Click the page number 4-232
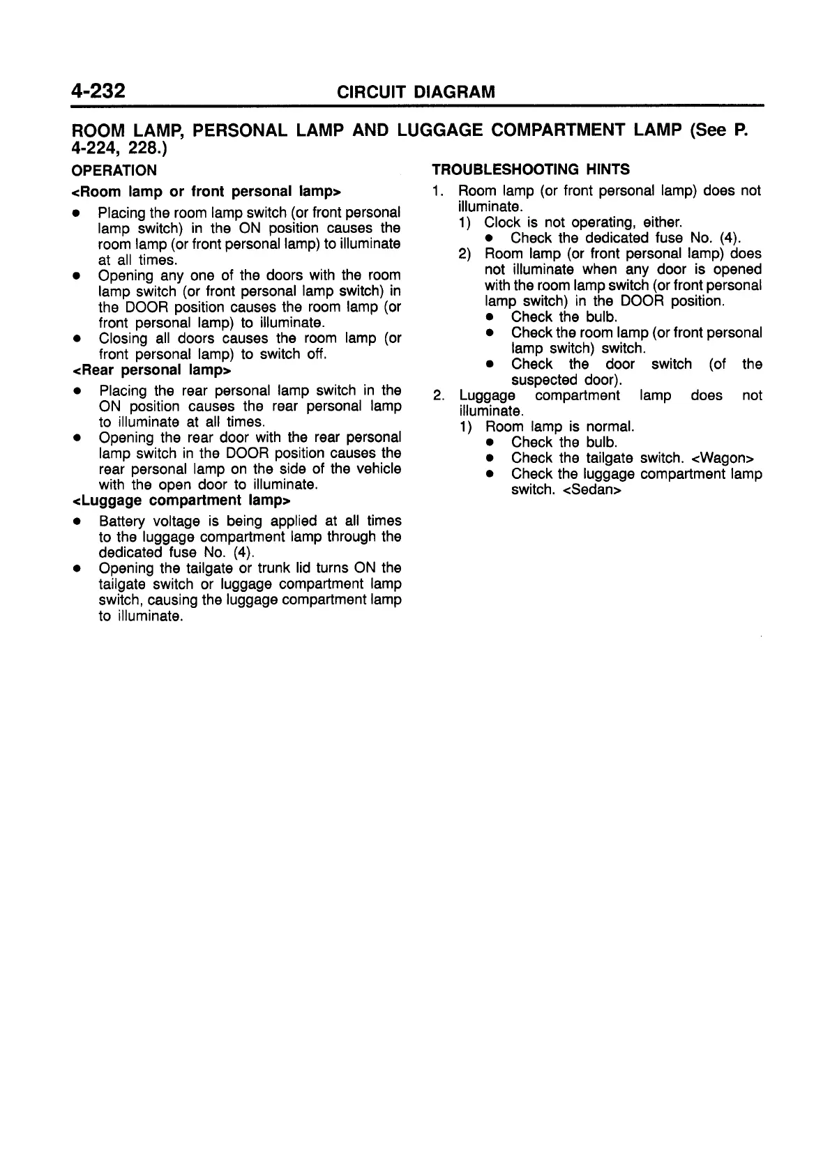pyautogui.click(x=98, y=91)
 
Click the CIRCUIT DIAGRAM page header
pyautogui.click(x=416, y=92)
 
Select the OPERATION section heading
pyautogui.click(x=114, y=171)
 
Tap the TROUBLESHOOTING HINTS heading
pyautogui.click(x=531, y=169)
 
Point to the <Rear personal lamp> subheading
pyautogui.click(x=152, y=370)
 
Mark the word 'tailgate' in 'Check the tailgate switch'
pyautogui.click(x=610, y=458)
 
